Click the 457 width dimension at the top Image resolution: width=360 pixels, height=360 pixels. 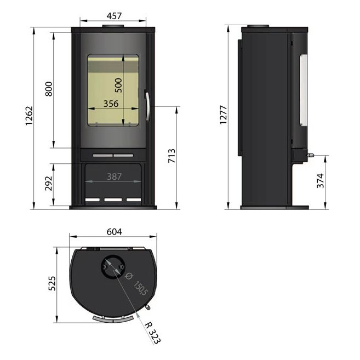coord(114,16)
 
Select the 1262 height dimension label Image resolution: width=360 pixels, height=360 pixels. coord(29,116)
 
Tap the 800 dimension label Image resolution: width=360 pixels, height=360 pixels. coord(49,89)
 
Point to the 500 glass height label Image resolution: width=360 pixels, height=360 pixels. coord(118,85)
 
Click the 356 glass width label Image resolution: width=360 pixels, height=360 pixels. coord(111,104)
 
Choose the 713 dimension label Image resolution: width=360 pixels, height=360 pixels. coord(172,156)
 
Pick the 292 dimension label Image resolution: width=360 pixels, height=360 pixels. coord(49,184)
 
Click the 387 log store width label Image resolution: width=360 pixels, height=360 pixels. coord(115,176)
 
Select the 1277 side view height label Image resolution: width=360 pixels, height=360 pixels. coord(223,115)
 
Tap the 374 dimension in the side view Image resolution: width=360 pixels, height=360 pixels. coord(321,181)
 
